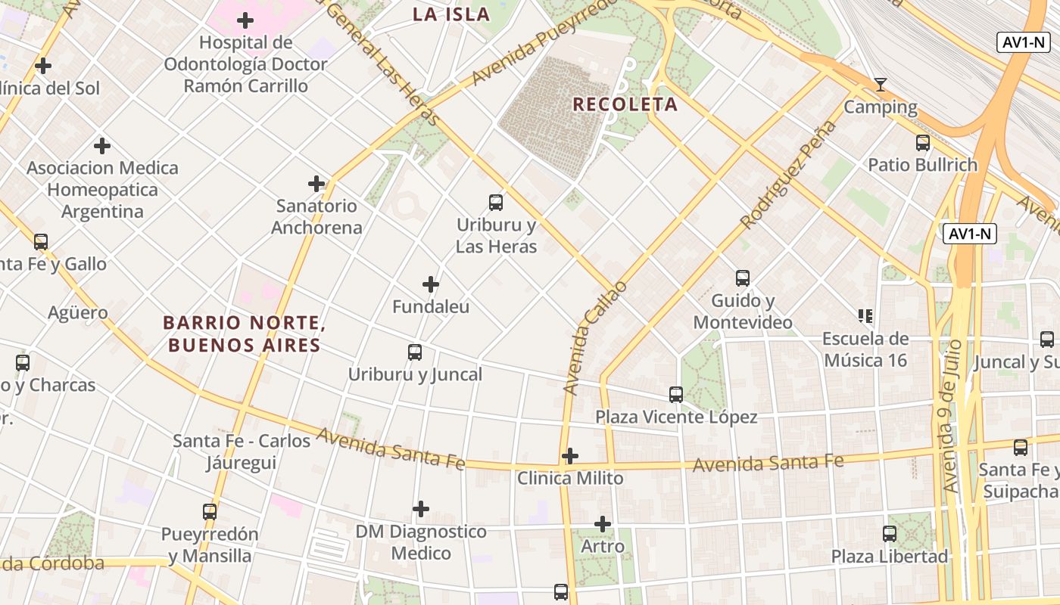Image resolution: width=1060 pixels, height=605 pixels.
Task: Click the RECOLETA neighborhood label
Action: tap(625, 104)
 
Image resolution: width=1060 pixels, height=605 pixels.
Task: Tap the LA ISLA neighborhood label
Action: tap(450, 14)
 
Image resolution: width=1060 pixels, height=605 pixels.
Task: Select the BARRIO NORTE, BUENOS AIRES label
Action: tap(245, 334)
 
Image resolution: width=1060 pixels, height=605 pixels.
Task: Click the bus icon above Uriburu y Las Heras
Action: tap(496, 202)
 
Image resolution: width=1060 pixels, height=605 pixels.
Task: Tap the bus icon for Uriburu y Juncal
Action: tap(415, 352)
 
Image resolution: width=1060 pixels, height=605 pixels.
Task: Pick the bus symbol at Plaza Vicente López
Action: tap(676, 394)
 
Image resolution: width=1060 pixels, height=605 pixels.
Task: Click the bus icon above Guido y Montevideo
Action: tap(743, 278)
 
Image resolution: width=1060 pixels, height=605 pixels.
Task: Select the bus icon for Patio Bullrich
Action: tap(923, 142)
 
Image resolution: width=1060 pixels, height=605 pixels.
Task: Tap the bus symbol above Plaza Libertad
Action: tap(890, 534)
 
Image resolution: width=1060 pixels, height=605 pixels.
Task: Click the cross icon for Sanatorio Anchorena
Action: tap(316, 184)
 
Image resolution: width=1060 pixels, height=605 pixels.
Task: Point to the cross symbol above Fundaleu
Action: tap(431, 284)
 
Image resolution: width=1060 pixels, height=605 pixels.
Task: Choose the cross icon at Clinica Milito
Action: tap(570, 456)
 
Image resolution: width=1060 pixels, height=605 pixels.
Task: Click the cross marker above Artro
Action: tap(603, 523)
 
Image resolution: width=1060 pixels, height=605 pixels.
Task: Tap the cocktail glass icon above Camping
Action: tap(880, 84)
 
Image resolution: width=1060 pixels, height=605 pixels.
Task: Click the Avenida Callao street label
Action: tap(596, 337)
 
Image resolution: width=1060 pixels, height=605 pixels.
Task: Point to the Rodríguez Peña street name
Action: tap(789, 175)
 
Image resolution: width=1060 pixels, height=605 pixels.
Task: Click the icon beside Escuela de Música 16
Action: tap(865, 315)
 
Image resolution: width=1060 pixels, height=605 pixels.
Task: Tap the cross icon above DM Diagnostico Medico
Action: tap(421, 509)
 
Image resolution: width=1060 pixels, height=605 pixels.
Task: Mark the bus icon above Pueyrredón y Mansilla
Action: tap(210, 511)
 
